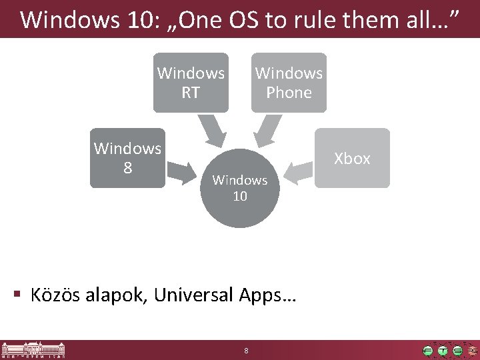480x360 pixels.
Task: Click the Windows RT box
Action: coord(191,83)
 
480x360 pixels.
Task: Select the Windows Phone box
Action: coord(289,83)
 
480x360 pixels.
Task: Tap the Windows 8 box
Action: coord(127,158)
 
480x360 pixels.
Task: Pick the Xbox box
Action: coord(352,158)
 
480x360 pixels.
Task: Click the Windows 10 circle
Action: coord(239,189)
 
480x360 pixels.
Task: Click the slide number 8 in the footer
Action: coord(246,351)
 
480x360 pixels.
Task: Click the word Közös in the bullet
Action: coord(55,295)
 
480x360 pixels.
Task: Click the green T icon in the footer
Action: coord(443,350)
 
